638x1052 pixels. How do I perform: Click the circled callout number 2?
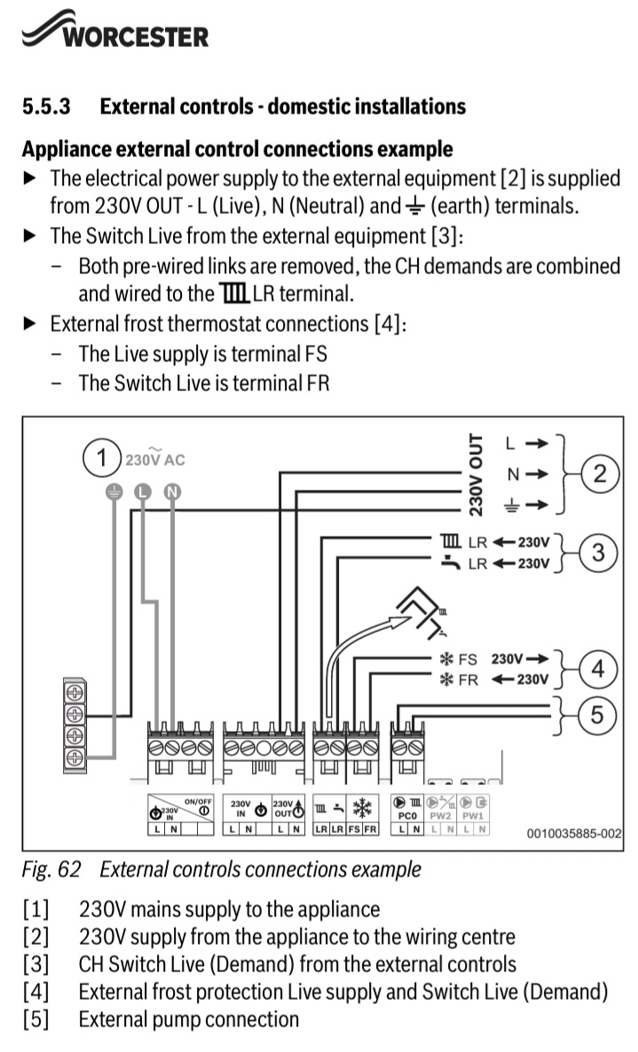(600, 474)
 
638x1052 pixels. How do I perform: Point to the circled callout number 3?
(598, 552)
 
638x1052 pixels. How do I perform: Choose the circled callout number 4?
(598, 669)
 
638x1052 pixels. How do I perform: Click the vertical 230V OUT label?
(477, 475)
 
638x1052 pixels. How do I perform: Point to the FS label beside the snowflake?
(467, 659)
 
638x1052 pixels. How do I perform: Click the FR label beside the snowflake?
(467, 679)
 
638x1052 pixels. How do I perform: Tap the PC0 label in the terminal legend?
(407, 814)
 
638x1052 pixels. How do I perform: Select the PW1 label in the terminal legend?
(472, 814)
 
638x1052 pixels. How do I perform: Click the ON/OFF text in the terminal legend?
(198, 801)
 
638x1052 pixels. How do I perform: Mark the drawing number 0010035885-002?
(573, 834)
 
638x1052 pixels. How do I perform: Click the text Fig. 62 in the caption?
(52, 869)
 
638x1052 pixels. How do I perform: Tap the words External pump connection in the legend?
(188, 1019)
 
